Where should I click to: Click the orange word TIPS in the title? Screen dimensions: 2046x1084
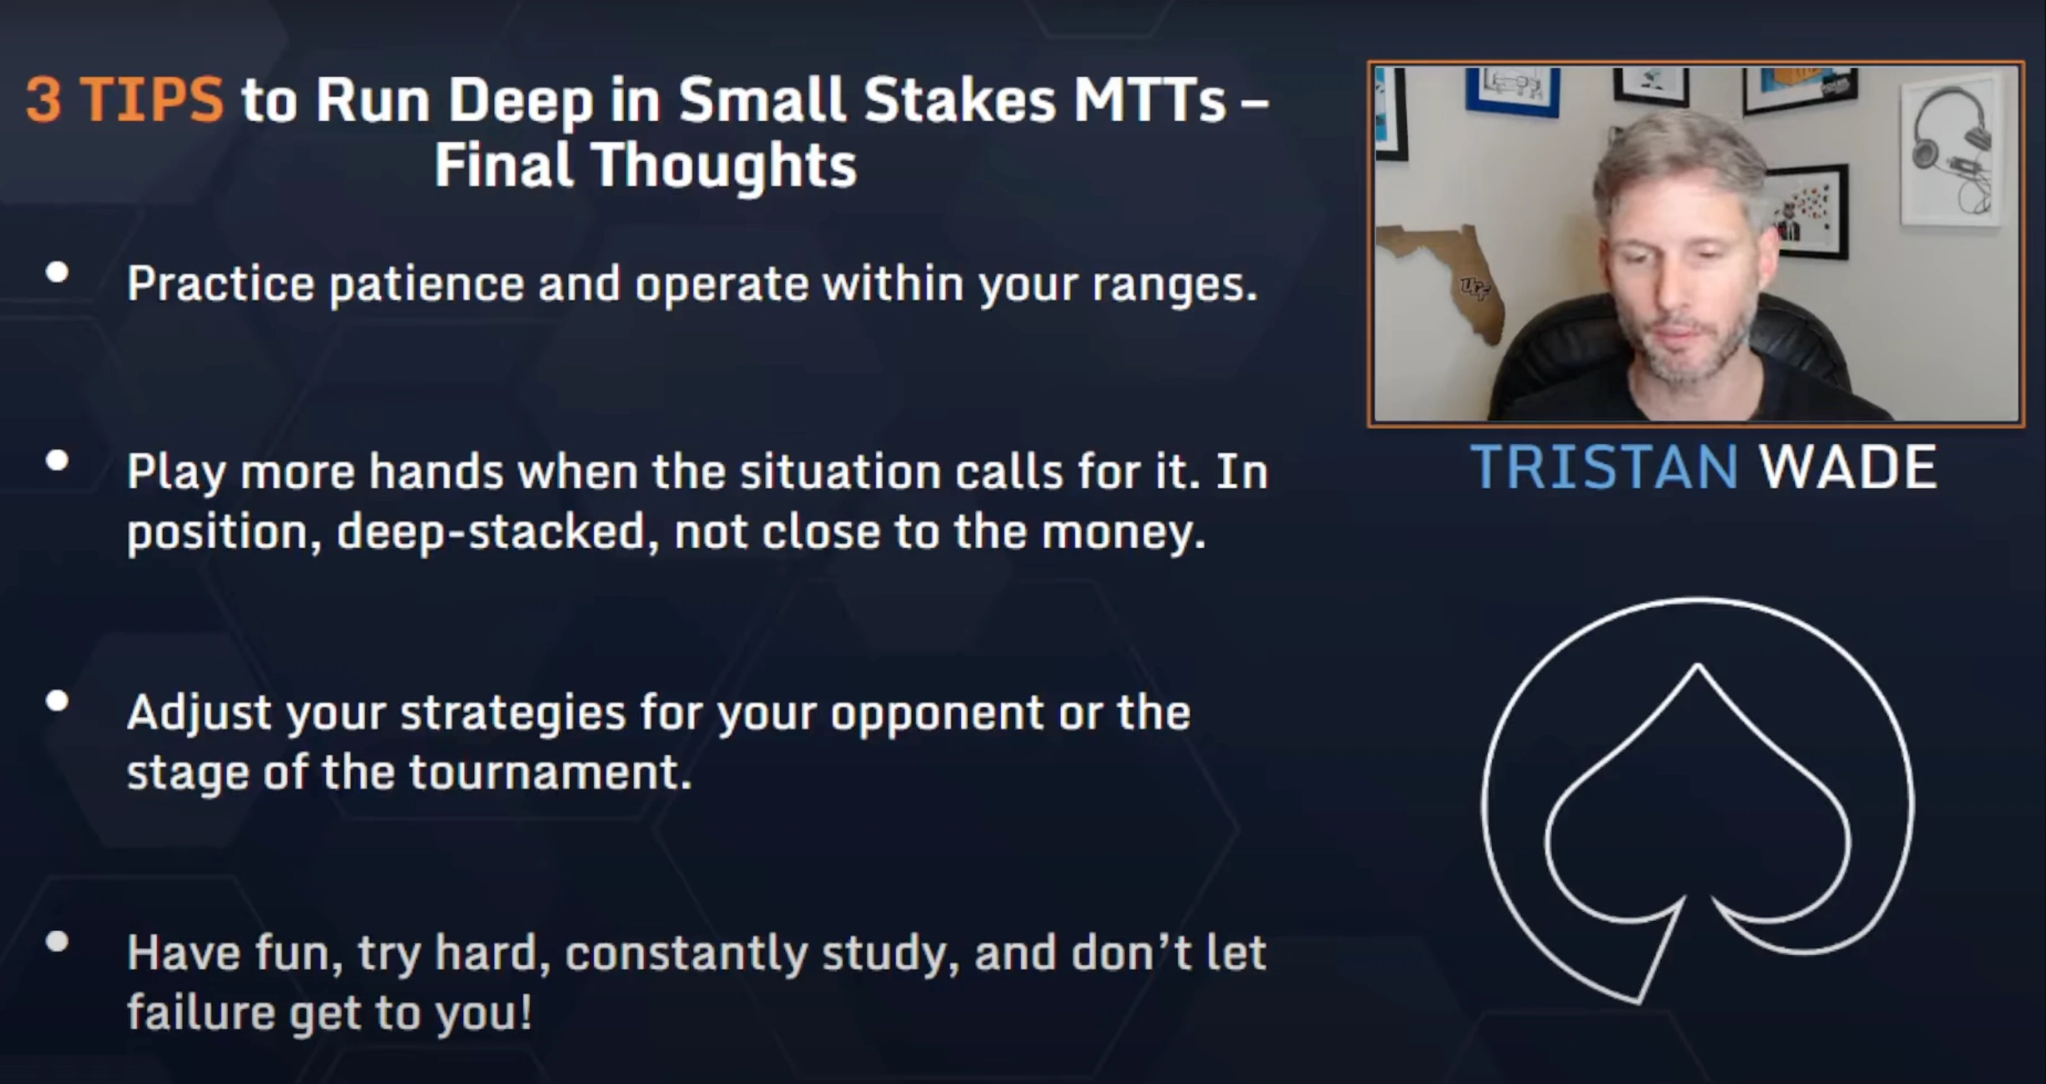point(152,100)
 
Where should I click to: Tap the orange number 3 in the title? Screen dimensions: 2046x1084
point(44,100)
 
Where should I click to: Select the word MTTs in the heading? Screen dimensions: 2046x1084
point(1150,100)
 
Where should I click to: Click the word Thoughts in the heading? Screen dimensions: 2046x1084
point(723,165)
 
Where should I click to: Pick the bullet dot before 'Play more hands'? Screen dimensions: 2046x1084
point(57,461)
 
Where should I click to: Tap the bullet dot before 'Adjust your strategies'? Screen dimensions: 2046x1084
point(57,700)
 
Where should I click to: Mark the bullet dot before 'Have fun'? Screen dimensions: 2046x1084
point(57,941)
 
